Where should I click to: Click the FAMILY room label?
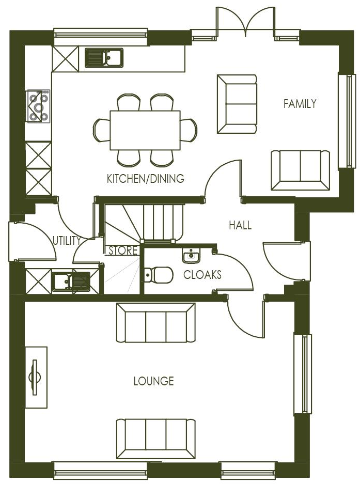coord(300,104)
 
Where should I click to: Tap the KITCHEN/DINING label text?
coord(145,179)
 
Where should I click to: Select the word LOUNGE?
coord(153,382)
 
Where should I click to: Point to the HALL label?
coord(240,225)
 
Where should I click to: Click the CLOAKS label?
coord(202,275)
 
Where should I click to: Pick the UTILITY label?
coord(67,240)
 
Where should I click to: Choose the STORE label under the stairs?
coord(123,251)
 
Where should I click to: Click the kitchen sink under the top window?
coord(104,58)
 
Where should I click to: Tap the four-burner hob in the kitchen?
coord(39,106)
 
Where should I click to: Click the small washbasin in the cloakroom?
coord(191,256)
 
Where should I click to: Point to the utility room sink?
coord(71,282)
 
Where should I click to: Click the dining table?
coord(145,130)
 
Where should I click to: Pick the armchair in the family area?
coord(237,104)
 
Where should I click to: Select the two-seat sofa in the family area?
coord(300,170)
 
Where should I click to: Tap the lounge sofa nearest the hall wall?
coord(156,323)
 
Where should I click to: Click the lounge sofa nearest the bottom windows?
coord(156,439)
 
